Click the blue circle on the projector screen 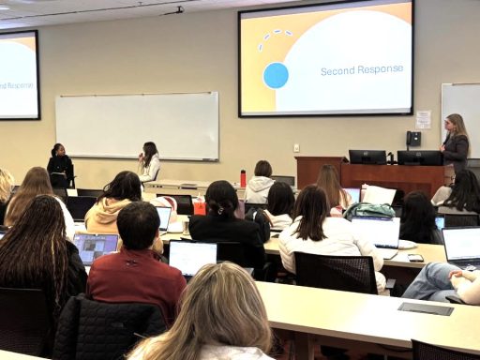coord(276,75)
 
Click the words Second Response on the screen coord(349,70)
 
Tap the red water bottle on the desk coord(243,178)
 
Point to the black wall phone coord(413,139)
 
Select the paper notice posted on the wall coord(424,120)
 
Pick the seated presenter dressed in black coord(60,166)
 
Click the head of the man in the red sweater coord(139,226)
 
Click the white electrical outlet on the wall coord(296,148)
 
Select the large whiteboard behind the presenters coord(137,126)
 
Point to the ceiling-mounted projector coord(173,11)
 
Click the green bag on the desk coord(370,210)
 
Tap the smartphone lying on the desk coord(415,258)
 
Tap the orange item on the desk coord(199,205)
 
